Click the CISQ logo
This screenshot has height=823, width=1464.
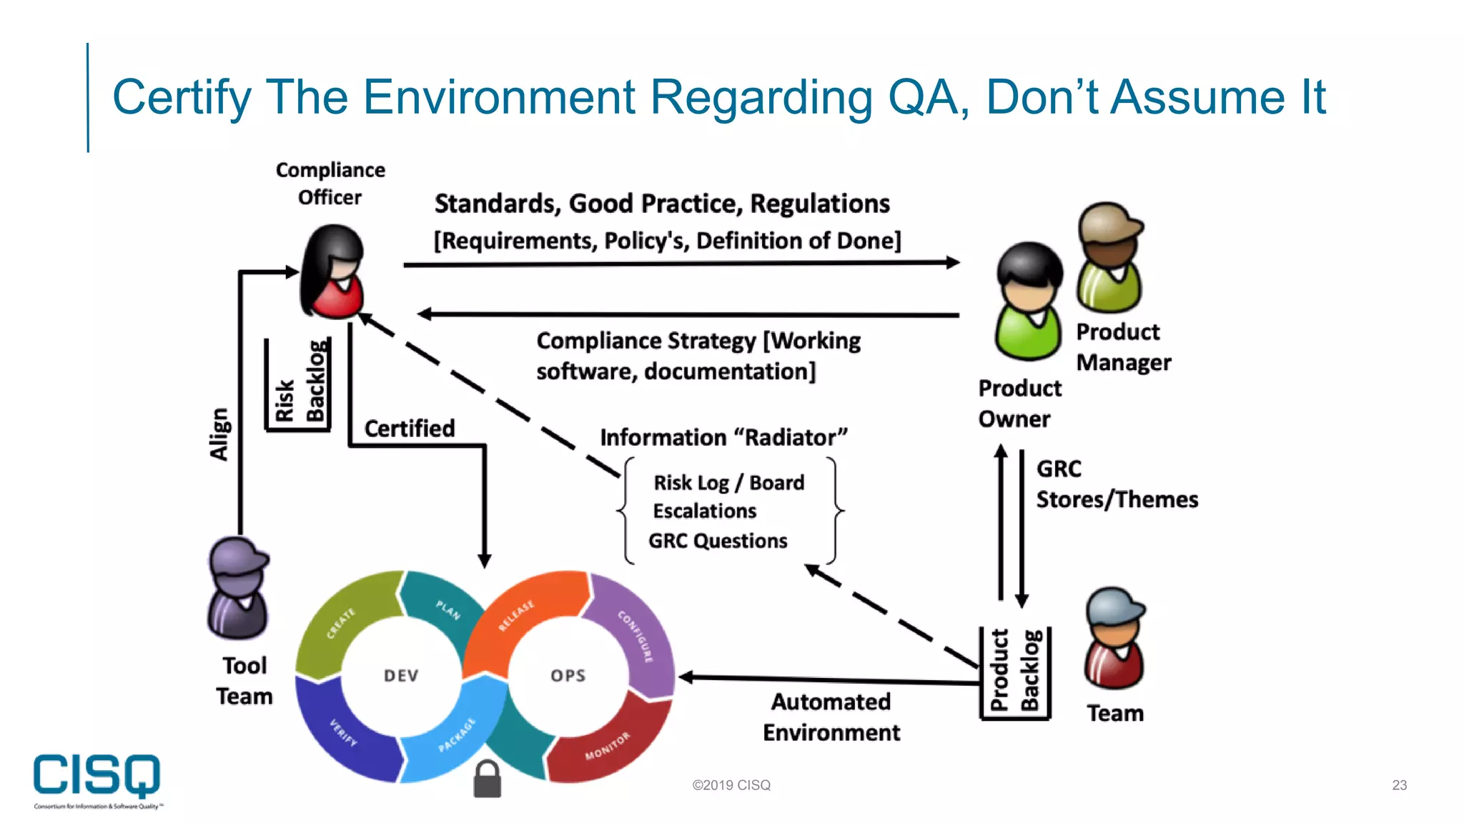[x=97, y=777]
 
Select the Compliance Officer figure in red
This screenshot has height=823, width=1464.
[x=333, y=272]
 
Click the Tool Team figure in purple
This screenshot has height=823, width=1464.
[x=239, y=589]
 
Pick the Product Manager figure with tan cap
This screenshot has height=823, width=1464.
[x=1110, y=257]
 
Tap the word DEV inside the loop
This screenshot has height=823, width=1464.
[x=401, y=675]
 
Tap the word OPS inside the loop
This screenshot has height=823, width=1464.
[x=568, y=675]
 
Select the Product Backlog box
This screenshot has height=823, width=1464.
[x=1015, y=672]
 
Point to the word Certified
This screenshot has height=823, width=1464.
[x=410, y=428]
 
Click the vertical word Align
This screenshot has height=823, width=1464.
[x=219, y=434]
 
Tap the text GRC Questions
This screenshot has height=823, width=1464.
[x=718, y=541]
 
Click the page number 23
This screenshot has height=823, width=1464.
[x=1399, y=785]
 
